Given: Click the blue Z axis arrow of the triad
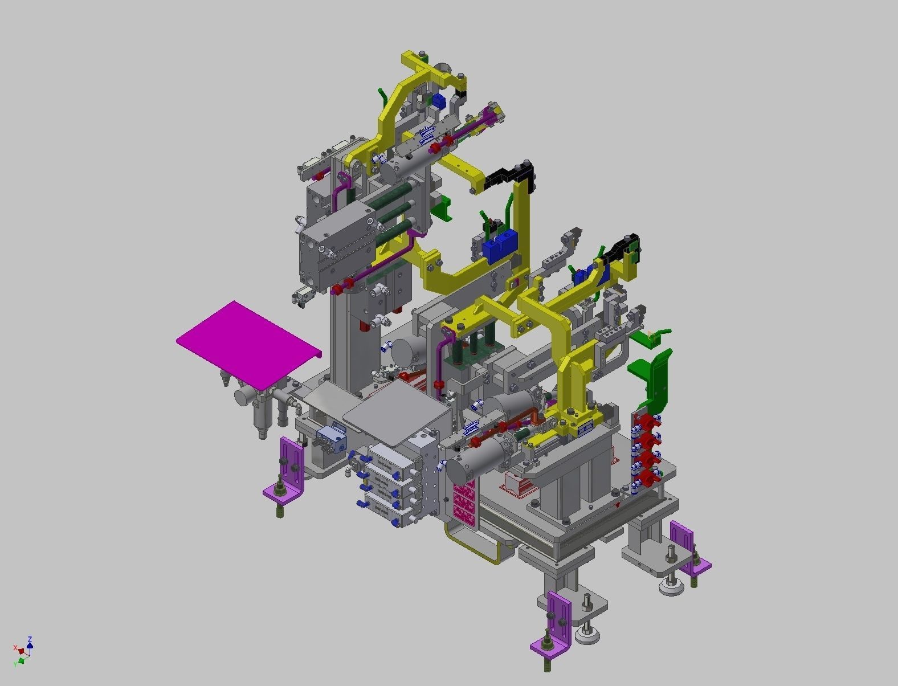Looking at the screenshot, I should point(30,642).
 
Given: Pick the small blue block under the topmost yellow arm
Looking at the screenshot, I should point(438,102).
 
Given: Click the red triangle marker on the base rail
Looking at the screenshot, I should point(618,505).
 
